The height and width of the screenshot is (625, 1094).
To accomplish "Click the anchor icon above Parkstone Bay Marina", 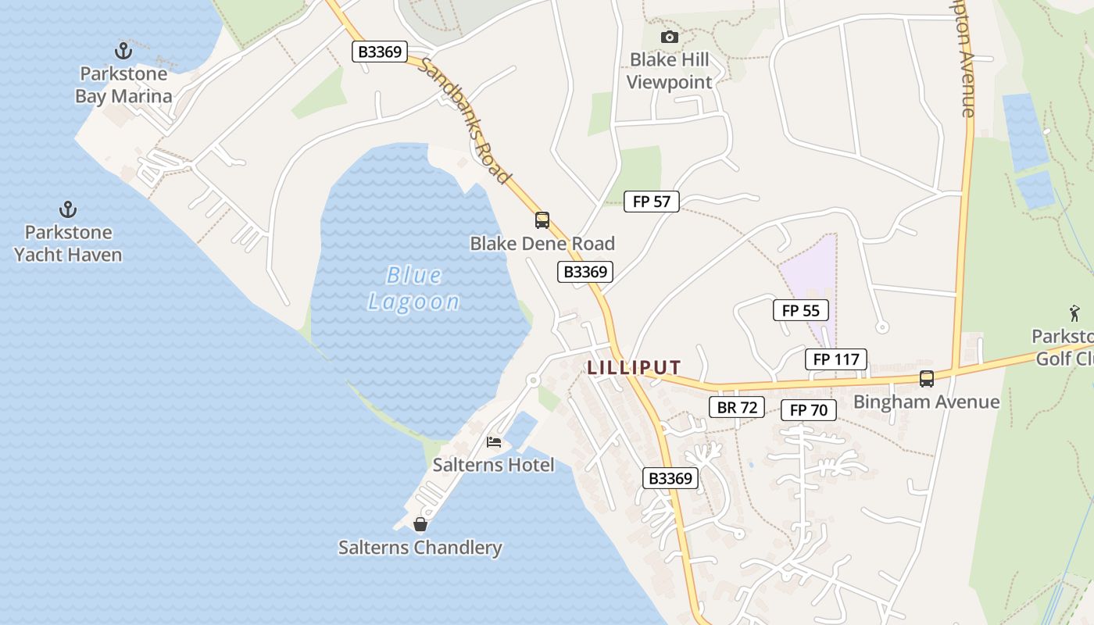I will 123,51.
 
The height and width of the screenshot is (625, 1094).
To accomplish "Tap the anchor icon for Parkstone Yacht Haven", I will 68,209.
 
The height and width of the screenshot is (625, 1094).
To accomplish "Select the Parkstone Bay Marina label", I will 123,85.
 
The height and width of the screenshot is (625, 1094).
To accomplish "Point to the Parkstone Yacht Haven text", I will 68,243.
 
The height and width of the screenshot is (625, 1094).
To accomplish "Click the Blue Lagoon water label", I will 414,288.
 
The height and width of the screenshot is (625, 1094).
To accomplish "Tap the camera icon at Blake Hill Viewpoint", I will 669,37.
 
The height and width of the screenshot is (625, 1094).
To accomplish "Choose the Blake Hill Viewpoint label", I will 670,71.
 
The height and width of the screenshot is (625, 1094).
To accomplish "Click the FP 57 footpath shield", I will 652,202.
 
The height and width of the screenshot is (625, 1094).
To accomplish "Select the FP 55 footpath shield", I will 801,310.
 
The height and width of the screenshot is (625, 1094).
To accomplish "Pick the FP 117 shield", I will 836,359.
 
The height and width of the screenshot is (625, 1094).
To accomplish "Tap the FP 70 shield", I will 809,409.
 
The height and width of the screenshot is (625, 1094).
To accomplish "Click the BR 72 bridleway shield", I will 737,407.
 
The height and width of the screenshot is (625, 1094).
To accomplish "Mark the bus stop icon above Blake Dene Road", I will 542,220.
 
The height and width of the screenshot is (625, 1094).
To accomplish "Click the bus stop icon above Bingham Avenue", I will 927,379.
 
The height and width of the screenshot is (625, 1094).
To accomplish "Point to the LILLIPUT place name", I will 635,367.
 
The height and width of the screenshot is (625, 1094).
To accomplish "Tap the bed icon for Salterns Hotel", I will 494,442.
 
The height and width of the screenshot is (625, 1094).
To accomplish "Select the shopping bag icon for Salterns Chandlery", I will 420,524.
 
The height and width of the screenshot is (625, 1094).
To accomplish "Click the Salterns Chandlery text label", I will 420,548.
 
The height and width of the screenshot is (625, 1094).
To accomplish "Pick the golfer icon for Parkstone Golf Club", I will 1075,314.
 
